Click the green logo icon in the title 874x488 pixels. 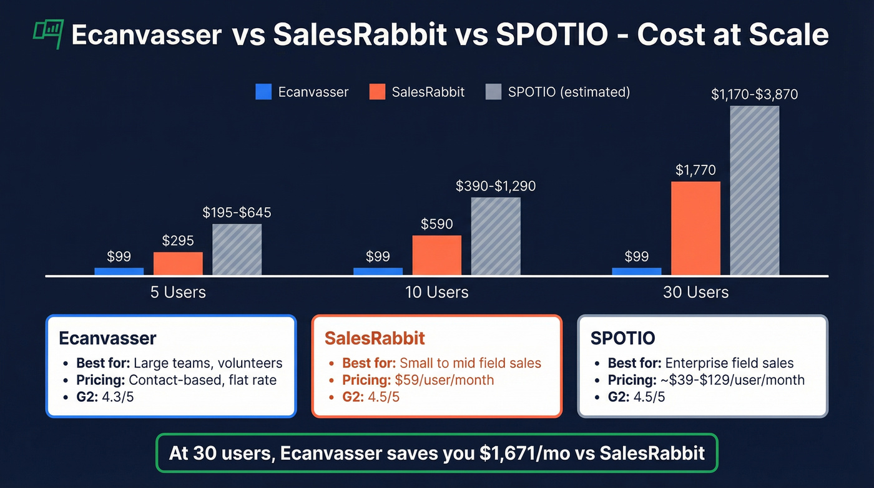click(48, 34)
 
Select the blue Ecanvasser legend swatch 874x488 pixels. click(263, 92)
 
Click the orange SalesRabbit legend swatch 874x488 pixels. click(377, 92)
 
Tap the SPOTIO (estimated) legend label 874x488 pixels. click(569, 92)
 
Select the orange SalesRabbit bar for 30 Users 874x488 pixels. click(695, 228)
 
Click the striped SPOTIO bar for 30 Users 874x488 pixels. click(754, 191)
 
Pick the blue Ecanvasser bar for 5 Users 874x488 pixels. click(119, 271)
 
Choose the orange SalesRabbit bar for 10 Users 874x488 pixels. click(436, 255)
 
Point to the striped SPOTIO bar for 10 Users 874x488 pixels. click(496, 236)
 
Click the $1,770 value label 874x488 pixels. click(695, 170)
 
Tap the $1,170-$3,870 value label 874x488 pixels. click(754, 94)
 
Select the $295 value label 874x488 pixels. click(178, 241)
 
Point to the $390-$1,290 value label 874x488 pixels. click(496, 186)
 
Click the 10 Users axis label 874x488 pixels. click(436, 292)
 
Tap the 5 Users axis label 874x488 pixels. click(178, 292)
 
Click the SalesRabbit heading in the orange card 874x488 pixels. click(375, 338)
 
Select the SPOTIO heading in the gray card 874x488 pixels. click(622, 338)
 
